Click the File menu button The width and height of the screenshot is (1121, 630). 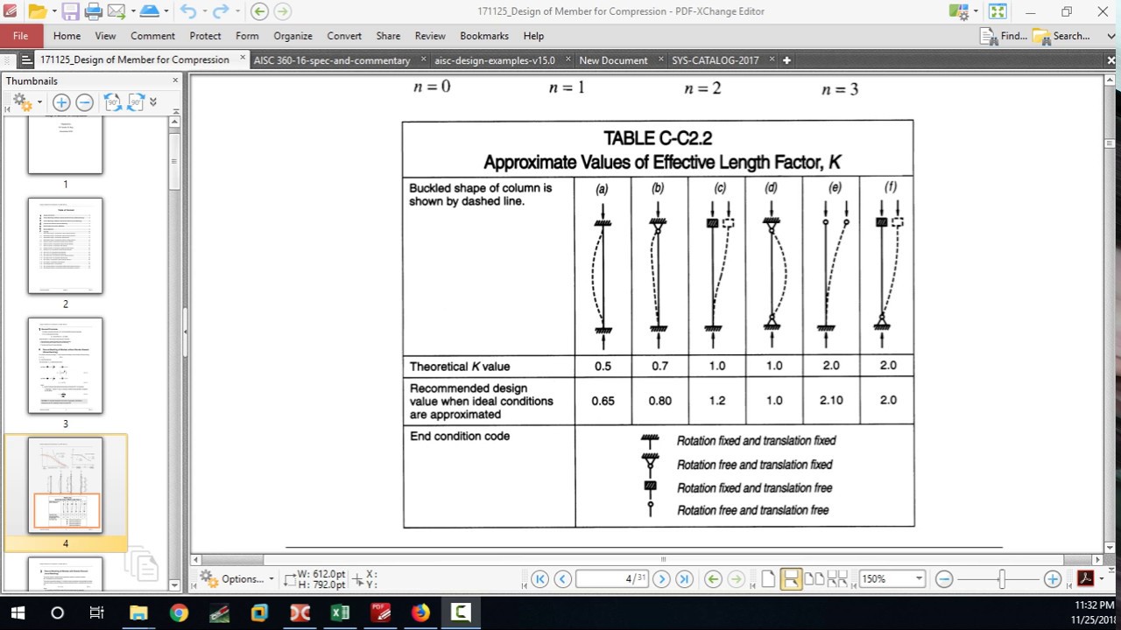pyautogui.click(x=21, y=36)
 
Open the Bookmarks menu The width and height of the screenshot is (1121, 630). pyautogui.click(x=484, y=36)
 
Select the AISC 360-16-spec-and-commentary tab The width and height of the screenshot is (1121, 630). pyautogui.click(x=332, y=60)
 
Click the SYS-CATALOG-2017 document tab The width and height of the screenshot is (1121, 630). pyautogui.click(x=715, y=60)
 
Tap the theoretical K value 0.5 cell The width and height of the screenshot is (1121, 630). pyautogui.click(x=603, y=366)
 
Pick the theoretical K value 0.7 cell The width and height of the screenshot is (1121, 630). pyautogui.click(x=659, y=366)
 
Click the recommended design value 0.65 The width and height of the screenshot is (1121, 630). pyautogui.click(x=603, y=401)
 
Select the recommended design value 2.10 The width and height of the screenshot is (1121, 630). pyautogui.click(x=831, y=401)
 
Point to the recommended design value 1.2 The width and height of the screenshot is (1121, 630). pyautogui.click(x=717, y=401)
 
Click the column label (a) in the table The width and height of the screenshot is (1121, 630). pyautogui.click(x=602, y=189)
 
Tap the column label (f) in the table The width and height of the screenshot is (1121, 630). pyautogui.click(x=890, y=187)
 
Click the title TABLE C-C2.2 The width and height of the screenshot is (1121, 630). pyautogui.click(x=657, y=138)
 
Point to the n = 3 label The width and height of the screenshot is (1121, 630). pyautogui.click(x=840, y=89)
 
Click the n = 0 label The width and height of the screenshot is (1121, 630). pyautogui.click(x=432, y=87)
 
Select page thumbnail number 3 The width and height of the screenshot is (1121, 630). pyautogui.click(x=66, y=365)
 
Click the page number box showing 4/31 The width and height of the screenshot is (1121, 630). pyautogui.click(x=612, y=578)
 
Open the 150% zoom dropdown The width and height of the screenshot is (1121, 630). pyautogui.click(x=919, y=578)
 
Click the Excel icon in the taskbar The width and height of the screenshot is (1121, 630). pyautogui.click(x=340, y=612)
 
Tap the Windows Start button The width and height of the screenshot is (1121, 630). pyautogui.click(x=18, y=612)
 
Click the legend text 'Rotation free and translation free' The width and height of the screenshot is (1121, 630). pyautogui.click(x=752, y=510)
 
